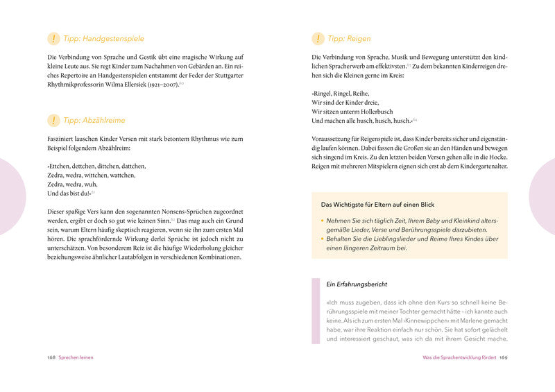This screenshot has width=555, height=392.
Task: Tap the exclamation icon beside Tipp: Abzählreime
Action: point(53,120)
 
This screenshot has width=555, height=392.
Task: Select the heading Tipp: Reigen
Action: point(349,39)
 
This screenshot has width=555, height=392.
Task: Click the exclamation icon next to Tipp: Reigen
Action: point(318,39)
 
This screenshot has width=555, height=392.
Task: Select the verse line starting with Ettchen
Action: point(96,167)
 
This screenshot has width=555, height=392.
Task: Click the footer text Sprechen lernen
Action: point(76,357)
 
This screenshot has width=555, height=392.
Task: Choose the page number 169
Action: point(504,357)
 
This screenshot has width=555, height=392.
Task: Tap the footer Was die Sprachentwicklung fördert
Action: point(459,357)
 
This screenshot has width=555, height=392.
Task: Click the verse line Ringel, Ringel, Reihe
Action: point(341,93)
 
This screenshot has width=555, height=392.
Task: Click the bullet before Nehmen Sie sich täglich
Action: point(323,220)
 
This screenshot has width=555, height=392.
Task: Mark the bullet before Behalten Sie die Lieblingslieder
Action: point(323,239)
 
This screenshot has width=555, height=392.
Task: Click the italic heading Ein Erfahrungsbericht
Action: point(357,284)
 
